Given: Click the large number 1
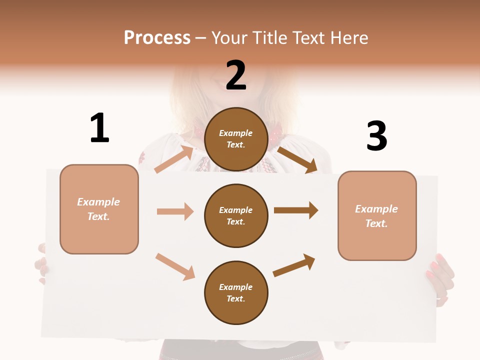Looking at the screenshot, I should (99, 128).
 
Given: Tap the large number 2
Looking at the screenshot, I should (236, 75).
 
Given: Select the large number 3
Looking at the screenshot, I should (376, 136).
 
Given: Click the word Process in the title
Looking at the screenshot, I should (157, 37).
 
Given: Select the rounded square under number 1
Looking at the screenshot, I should (99, 209).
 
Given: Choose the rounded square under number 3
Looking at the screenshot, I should (377, 216).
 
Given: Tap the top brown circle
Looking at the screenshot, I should (236, 139).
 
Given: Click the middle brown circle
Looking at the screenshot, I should (236, 215).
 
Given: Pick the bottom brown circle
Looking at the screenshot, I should (236, 292).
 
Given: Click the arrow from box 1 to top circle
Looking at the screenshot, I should (174, 158).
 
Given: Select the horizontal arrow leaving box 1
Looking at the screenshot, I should (175, 211).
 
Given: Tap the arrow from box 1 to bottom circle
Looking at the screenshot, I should (175, 266).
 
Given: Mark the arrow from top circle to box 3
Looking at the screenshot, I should (297, 159).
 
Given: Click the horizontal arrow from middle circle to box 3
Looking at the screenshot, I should (296, 210).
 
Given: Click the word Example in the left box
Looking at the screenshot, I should (98, 202).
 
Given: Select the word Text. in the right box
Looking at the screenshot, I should (376, 223).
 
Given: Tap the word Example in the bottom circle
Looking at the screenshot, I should (236, 287).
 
